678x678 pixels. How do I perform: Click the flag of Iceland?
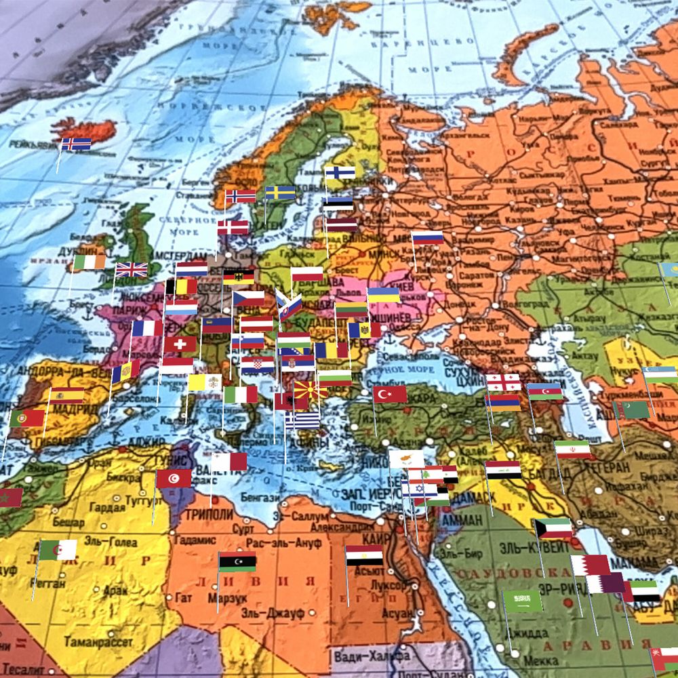(x=76, y=144)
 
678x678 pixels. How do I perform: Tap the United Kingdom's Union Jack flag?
(x=132, y=269)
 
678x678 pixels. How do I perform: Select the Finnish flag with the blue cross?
(x=340, y=172)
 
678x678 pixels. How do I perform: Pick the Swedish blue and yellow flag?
(x=280, y=193)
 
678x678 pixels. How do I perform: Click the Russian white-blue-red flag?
(x=428, y=237)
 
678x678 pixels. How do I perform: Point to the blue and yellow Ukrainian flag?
(x=383, y=295)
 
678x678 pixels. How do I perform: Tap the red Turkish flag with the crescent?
(x=390, y=394)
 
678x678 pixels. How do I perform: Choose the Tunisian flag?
(x=174, y=478)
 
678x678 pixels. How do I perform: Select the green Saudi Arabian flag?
(x=522, y=600)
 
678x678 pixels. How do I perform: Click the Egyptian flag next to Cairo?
(x=364, y=555)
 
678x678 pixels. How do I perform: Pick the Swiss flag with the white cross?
(x=180, y=344)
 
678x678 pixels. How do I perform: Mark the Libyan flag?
(x=237, y=561)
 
